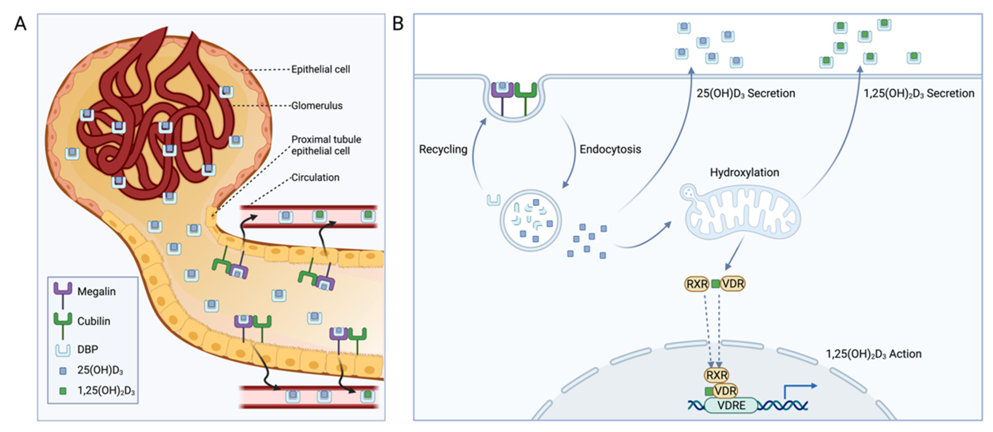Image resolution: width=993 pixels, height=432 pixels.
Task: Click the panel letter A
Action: (x=20, y=24)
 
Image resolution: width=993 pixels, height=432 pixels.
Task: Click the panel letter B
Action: (x=397, y=24)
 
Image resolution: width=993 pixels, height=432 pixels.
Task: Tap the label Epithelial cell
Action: (x=320, y=70)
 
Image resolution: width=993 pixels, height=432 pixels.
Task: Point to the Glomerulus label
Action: (x=317, y=105)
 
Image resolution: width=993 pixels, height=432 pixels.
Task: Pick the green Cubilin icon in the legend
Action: (x=63, y=323)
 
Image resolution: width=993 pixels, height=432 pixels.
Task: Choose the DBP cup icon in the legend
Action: (x=63, y=350)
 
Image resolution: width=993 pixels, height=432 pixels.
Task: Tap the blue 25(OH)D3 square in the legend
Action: (x=63, y=371)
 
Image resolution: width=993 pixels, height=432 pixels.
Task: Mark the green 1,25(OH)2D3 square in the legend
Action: (x=63, y=391)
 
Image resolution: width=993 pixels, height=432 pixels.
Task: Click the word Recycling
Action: (x=443, y=149)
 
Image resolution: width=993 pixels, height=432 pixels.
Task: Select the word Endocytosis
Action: (x=610, y=149)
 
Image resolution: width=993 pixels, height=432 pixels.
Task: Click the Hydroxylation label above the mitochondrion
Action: (x=744, y=172)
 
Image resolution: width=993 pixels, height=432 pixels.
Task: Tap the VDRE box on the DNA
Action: (x=731, y=405)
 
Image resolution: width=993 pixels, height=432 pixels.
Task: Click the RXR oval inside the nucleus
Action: (x=716, y=375)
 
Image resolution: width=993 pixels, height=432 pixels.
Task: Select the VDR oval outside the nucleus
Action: (x=733, y=284)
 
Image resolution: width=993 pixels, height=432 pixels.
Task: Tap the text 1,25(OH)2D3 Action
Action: (x=873, y=354)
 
